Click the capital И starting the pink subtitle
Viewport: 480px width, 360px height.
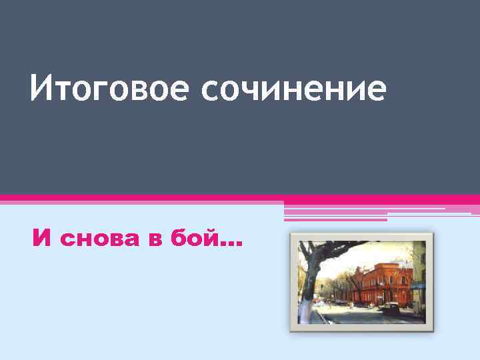pyautogui.click(x=42, y=238)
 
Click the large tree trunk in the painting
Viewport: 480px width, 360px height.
pyautogui.click(x=308, y=280)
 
